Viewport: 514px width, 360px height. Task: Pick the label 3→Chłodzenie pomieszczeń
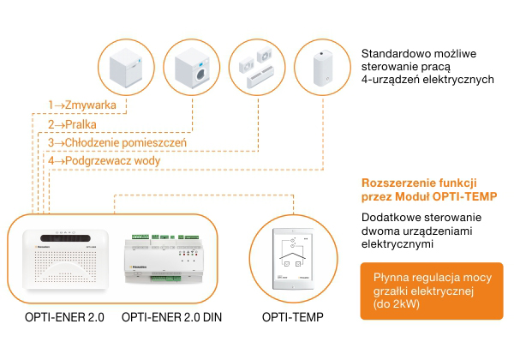(117, 142)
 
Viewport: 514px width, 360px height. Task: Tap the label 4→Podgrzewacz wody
(104, 160)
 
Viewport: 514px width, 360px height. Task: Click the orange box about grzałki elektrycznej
(432, 291)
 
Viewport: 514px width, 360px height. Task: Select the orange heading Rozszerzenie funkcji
(419, 183)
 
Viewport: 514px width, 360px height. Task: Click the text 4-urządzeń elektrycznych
(427, 80)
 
